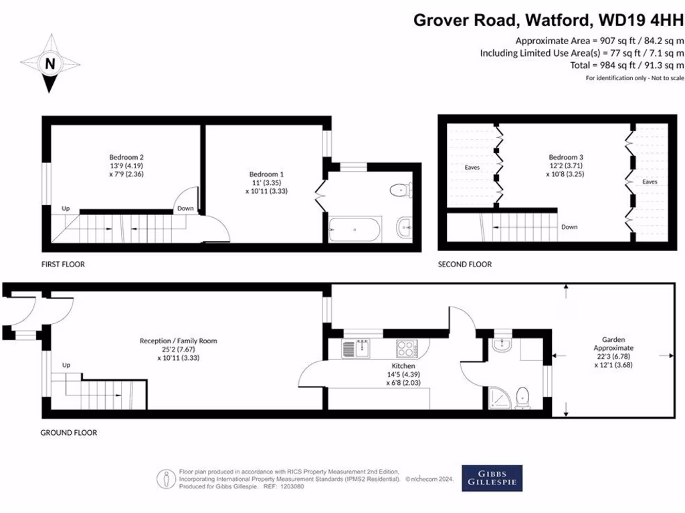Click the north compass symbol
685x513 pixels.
click(x=50, y=65)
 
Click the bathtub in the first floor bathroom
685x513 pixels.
click(x=355, y=230)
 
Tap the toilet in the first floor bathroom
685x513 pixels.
click(x=400, y=190)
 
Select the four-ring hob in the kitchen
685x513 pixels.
click(x=406, y=348)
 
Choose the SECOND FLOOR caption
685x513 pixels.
click(x=465, y=265)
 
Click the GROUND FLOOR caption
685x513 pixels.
click(x=69, y=433)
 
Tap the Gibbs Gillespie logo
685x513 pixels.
click(x=492, y=478)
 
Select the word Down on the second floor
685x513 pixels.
click(x=569, y=227)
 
